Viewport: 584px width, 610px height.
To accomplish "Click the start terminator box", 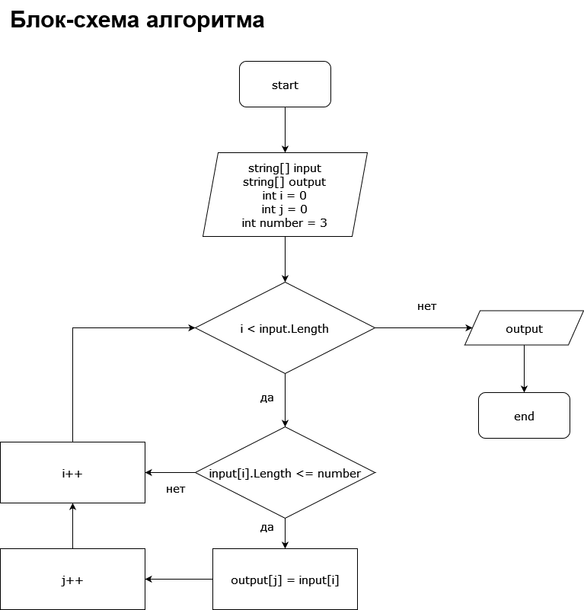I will [285, 85].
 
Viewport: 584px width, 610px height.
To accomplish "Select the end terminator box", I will [524, 416].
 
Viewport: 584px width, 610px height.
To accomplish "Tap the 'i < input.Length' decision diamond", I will [285, 328].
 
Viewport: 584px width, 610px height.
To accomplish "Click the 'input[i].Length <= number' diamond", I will [285, 473].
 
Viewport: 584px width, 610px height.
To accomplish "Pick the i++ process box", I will [72, 473].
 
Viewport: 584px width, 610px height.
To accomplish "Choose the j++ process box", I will [72, 580].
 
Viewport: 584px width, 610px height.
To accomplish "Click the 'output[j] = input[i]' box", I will [285, 580].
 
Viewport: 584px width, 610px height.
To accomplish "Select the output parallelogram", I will [524, 328].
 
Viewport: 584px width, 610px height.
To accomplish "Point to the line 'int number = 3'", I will [285, 223].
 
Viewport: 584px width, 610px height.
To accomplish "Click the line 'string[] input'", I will [285, 168].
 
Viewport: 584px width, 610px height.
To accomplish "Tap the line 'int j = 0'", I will [285, 209].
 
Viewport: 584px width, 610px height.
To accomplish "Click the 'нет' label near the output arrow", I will [426, 306].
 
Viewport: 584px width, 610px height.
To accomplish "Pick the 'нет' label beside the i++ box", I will [175, 489].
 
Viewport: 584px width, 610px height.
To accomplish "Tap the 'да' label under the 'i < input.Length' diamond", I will [266, 398].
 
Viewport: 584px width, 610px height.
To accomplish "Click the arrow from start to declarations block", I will [285, 129].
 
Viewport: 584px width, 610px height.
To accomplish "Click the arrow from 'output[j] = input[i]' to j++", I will [179, 580].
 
